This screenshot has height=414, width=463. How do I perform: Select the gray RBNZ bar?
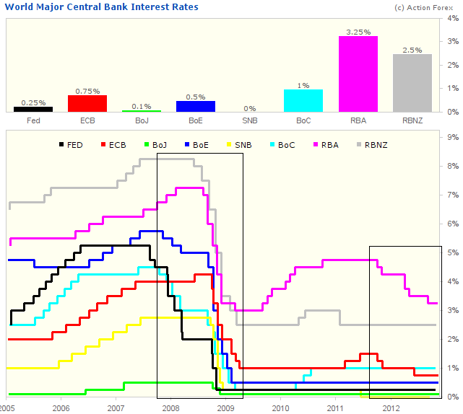coord(412,83)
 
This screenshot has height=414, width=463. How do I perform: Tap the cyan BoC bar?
coord(303,100)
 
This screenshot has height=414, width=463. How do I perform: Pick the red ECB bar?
coord(87,103)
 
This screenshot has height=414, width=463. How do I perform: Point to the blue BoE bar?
coord(196,106)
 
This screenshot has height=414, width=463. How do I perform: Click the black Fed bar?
coord(33,109)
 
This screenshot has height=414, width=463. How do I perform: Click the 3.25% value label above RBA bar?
coord(358,32)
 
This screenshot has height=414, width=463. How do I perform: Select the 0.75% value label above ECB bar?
coord(87,91)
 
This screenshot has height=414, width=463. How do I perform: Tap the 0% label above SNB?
coord(250,107)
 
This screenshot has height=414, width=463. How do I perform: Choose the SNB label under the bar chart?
coord(250,120)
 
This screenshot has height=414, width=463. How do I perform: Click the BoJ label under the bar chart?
coord(142,120)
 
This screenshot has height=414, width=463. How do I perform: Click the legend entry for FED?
coord(69,145)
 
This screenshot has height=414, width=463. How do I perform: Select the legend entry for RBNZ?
coord(370,145)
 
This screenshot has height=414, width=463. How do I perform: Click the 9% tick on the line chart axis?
coord(453,137)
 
